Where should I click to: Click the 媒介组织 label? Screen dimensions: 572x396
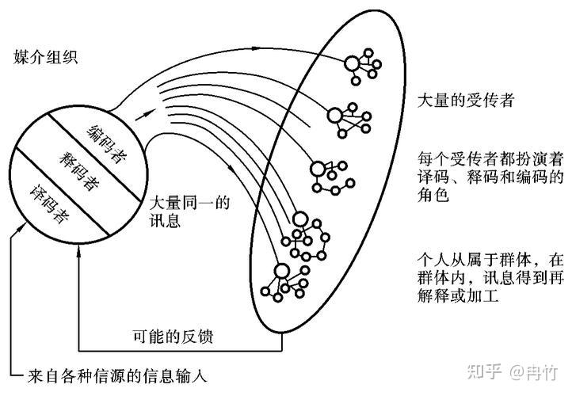click(x=46, y=58)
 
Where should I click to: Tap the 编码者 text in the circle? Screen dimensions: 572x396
click(x=106, y=144)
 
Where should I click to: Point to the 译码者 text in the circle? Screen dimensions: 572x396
click(x=50, y=204)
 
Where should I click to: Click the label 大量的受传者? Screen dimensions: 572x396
click(x=466, y=100)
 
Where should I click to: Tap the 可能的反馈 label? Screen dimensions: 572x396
click(x=173, y=337)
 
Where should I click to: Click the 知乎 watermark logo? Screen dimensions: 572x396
click(x=484, y=372)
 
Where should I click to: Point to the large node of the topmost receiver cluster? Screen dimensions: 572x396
click(x=353, y=64)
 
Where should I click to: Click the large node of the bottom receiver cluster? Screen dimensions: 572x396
click(x=281, y=272)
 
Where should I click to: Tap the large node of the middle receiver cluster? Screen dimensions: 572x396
click(x=318, y=169)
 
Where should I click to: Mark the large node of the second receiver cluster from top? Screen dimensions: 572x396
click(x=334, y=116)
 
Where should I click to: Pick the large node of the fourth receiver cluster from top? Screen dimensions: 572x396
click(x=300, y=219)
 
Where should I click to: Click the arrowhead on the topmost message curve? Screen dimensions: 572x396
click(x=255, y=48)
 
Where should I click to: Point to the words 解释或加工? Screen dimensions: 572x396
click(x=458, y=295)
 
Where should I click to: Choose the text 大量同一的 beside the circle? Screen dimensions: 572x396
click(x=189, y=203)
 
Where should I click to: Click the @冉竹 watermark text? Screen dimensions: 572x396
click(x=534, y=372)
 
